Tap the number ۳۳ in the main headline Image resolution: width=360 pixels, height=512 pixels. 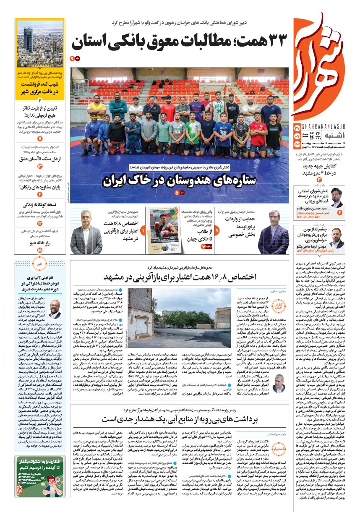tap(275, 42)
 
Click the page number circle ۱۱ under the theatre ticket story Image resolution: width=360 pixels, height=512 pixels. tap(40, 138)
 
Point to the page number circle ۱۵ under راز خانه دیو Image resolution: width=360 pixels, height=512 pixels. tap(40, 250)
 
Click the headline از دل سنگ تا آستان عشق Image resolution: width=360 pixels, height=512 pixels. tap(40, 159)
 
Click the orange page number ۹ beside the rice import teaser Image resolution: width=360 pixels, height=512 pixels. tap(217, 231)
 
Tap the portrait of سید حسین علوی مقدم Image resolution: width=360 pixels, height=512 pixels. tap(337, 198)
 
